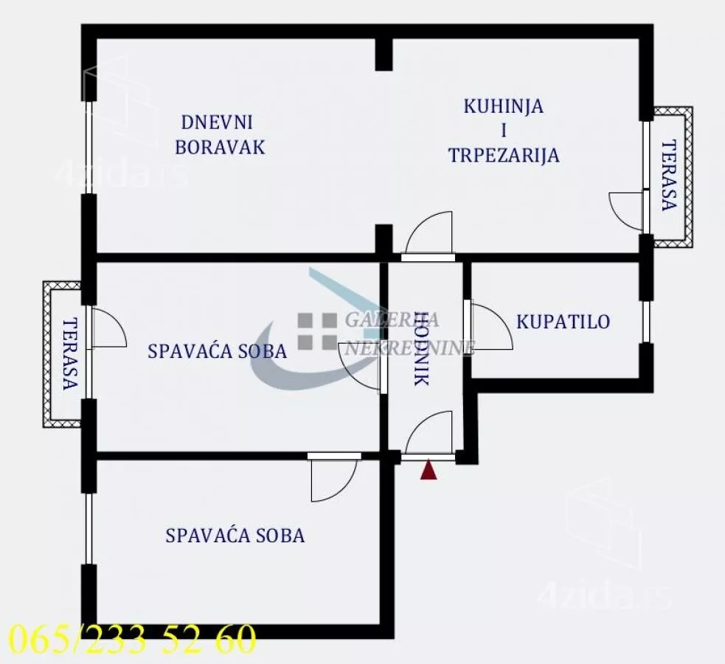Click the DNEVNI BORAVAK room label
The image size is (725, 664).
pos(220,135)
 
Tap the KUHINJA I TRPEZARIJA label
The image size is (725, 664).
pos(504,131)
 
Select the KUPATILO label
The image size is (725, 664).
pos(563,322)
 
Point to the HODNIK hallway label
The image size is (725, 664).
pos(421,349)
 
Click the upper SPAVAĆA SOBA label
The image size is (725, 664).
pos(217,351)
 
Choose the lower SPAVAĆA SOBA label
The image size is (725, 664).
pos(235,536)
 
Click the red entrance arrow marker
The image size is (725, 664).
pos(429,471)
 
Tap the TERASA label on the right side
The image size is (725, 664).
pos(668,176)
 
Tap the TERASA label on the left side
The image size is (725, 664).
pos(69,353)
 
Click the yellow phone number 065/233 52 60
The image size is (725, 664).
pos(132,639)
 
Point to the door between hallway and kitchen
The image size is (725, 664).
pos(429,235)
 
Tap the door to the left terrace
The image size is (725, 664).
pos(106,328)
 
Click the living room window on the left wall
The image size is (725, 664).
pos(89,148)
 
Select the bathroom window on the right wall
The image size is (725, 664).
pos(645,322)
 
